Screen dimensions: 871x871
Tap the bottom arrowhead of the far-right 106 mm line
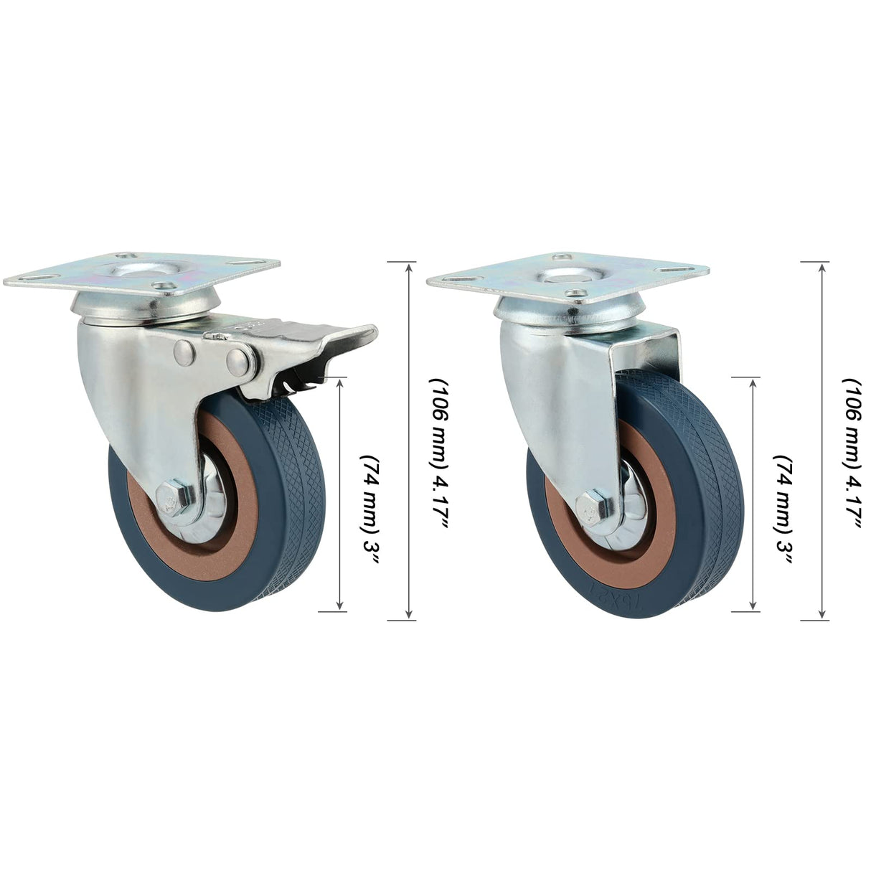[x=822, y=614]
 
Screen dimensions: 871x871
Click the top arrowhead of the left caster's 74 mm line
[x=339, y=382]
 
